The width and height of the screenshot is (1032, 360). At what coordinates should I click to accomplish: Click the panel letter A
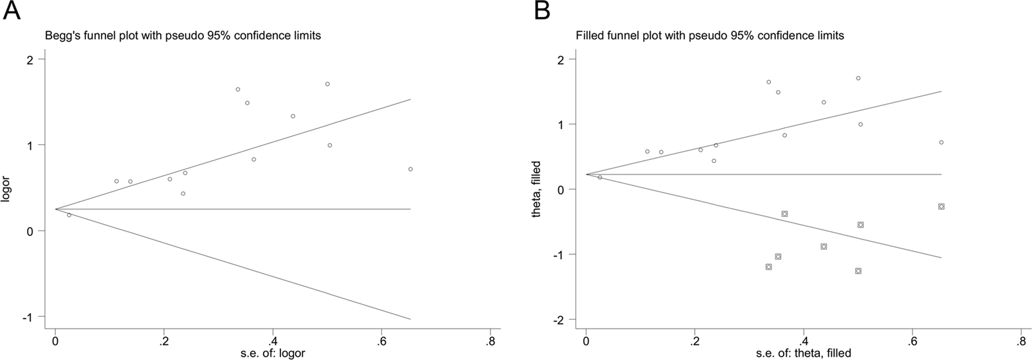tap(11, 11)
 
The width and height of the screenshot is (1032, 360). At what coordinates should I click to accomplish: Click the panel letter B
tap(542, 11)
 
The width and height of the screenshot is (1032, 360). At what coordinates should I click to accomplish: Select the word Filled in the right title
tap(590, 36)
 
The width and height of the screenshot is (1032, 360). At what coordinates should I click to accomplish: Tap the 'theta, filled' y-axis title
tap(536, 189)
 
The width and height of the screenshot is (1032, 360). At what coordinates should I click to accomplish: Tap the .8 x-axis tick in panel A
tap(488, 342)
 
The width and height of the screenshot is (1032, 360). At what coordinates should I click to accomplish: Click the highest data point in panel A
tap(327, 84)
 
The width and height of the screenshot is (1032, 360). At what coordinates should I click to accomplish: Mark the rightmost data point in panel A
tap(410, 169)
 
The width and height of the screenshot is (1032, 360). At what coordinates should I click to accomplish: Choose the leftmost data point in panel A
tap(69, 215)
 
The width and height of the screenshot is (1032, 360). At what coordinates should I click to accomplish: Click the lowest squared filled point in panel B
tap(858, 271)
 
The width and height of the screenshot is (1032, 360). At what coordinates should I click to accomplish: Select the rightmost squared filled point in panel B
tap(941, 206)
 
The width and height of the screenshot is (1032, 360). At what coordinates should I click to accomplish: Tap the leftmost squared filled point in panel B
tap(769, 267)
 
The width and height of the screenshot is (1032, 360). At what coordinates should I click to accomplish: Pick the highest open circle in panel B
tap(858, 78)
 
